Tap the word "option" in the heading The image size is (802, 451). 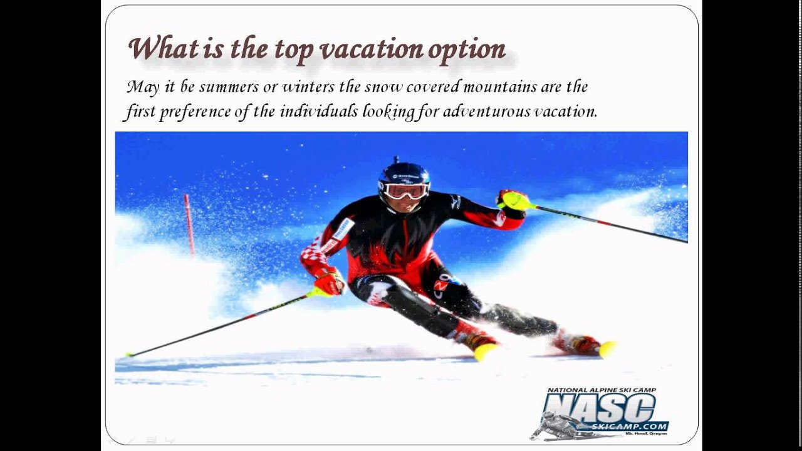[x=466, y=50]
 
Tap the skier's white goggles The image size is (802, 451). [x=405, y=191]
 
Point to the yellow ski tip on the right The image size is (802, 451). [x=607, y=349]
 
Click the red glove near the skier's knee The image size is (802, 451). [x=329, y=283]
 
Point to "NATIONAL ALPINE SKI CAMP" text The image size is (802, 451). [x=601, y=390]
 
